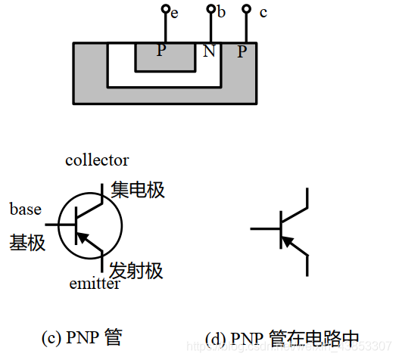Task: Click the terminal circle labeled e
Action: click(164, 10)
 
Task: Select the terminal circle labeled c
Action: click(245, 10)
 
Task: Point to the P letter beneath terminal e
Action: click(161, 51)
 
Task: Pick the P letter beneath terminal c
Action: click(242, 51)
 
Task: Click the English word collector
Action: click(97, 160)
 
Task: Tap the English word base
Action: click(26, 209)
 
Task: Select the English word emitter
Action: click(95, 284)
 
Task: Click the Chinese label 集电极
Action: click(137, 190)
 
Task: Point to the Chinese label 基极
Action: click(27, 243)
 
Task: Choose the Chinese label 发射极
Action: click(136, 271)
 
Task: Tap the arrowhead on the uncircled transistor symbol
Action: click(285, 241)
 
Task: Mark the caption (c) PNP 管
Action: click(82, 337)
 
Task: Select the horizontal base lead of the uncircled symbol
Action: click(265, 228)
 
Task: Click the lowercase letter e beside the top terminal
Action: click(174, 14)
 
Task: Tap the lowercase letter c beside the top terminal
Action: click(263, 13)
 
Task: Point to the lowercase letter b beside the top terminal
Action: click(222, 13)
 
